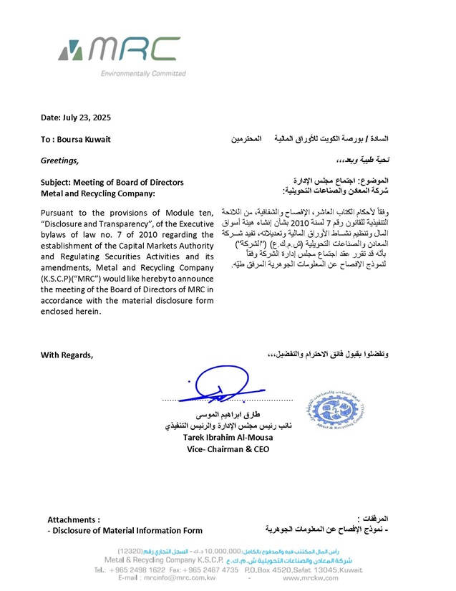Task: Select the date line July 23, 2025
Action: (x=76, y=117)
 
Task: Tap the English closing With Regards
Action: (x=67, y=355)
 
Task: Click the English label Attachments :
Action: (x=73, y=519)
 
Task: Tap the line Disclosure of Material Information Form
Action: (x=125, y=531)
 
